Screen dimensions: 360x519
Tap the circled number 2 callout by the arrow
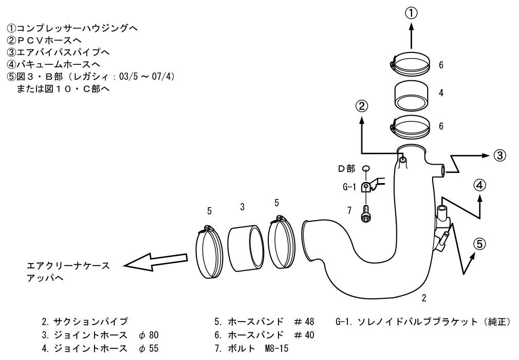(362, 106)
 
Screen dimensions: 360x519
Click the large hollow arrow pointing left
(154, 261)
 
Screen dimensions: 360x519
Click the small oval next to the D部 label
(365, 169)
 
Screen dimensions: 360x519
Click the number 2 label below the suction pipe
(423, 298)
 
